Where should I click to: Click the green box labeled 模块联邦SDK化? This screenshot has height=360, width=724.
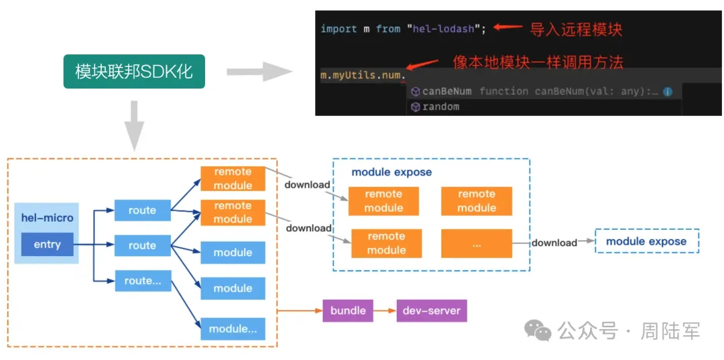[134, 72]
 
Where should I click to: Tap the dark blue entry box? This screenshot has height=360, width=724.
[47, 244]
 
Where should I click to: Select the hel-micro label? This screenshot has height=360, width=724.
[47, 218]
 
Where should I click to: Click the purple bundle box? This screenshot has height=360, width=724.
[348, 310]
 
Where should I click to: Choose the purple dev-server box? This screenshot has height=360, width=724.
[432, 310]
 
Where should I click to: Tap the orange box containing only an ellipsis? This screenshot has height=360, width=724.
[477, 244]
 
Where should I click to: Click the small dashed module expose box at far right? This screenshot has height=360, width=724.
[646, 241]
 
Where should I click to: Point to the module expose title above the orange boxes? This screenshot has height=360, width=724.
[391, 172]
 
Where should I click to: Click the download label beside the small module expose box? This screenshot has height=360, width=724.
[554, 242]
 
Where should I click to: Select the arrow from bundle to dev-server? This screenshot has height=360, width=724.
[385, 310]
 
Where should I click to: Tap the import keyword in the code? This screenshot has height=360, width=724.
[339, 29]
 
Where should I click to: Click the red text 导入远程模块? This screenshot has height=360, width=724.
[576, 29]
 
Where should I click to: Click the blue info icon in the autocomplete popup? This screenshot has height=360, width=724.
[668, 91]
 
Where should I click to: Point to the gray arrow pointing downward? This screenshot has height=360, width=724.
[134, 125]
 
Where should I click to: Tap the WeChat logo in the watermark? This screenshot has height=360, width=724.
[539, 331]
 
